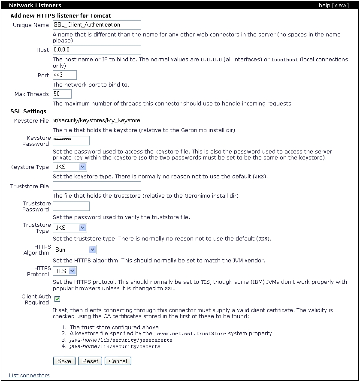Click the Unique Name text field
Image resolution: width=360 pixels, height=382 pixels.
[x=97, y=25]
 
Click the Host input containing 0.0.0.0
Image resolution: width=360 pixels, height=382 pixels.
[x=97, y=50]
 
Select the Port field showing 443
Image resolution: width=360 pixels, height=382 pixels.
[x=64, y=75]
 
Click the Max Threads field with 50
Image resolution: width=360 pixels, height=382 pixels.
[x=62, y=93]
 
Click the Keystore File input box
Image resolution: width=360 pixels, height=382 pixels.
[x=97, y=120]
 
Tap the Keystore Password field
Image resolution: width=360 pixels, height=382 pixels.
[x=71, y=141]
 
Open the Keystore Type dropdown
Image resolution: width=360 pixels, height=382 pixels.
[x=70, y=167]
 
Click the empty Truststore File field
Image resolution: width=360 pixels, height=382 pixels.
[x=97, y=186]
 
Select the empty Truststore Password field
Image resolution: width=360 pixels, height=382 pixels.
[x=71, y=206]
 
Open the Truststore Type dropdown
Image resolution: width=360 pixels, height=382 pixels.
[x=70, y=228]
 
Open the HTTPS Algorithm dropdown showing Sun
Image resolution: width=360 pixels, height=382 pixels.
[x=75, y=250]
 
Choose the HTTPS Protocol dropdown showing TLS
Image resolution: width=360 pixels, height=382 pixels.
[x=65, y=271]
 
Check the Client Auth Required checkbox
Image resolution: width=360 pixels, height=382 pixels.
[x=57, y=299]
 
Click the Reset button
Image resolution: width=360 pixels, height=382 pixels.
[x=90, y=361]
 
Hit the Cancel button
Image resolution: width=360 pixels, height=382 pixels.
[x=118, y=361]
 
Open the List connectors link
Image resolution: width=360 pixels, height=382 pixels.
[x=29, y=376]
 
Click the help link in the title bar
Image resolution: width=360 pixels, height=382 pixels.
[x=324, y=6]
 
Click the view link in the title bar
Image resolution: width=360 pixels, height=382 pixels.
[x=342, y=6]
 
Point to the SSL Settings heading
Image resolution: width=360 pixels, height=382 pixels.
[x=28, y=111]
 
